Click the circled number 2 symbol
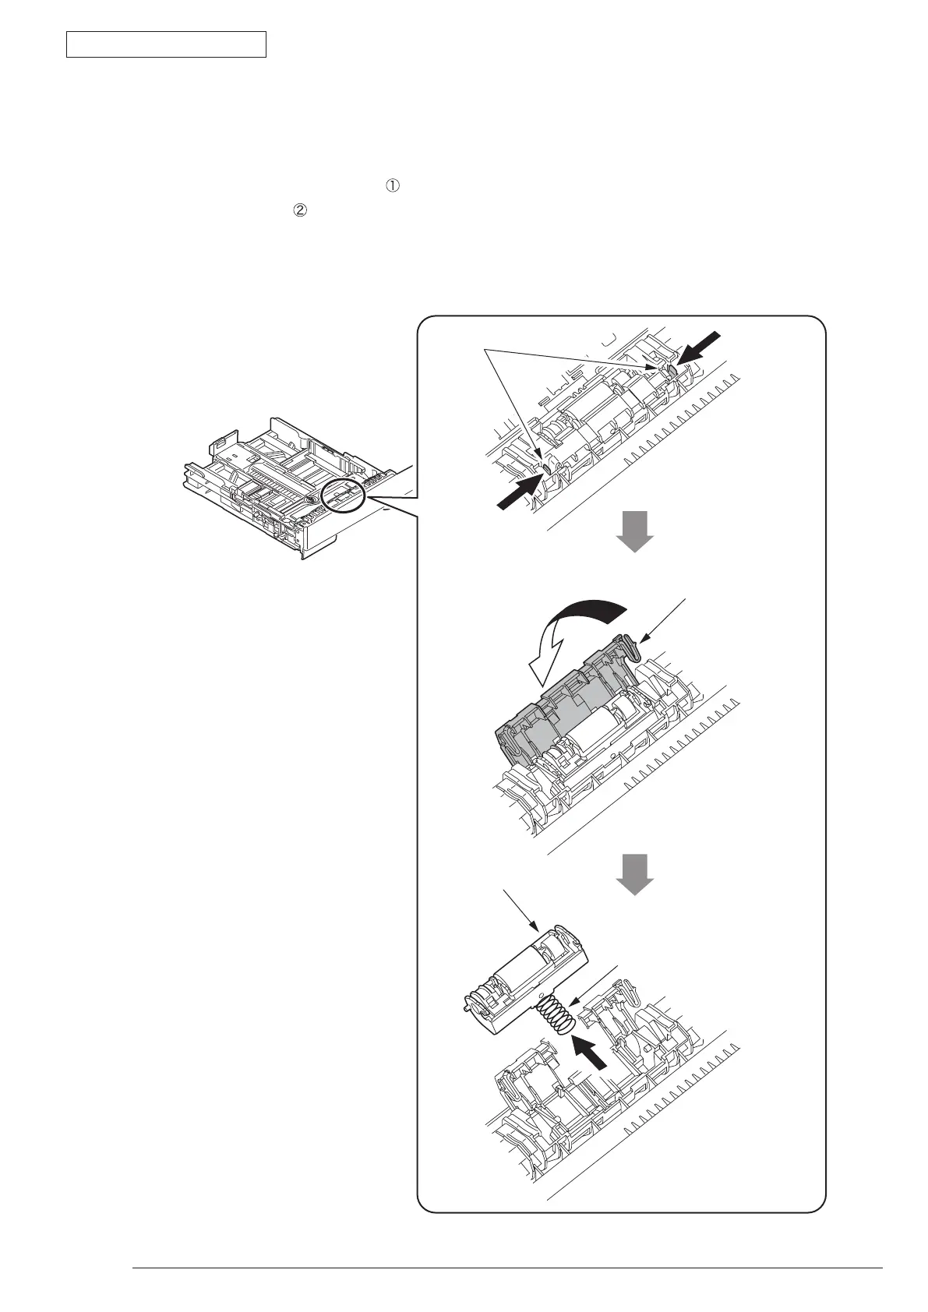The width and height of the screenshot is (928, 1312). [x=298, y=210]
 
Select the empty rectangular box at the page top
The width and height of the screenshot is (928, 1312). [x=166, y=44]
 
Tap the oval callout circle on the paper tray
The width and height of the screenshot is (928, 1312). [x=343, y=496]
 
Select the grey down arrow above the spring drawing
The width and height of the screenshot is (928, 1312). [x=635, y=873]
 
